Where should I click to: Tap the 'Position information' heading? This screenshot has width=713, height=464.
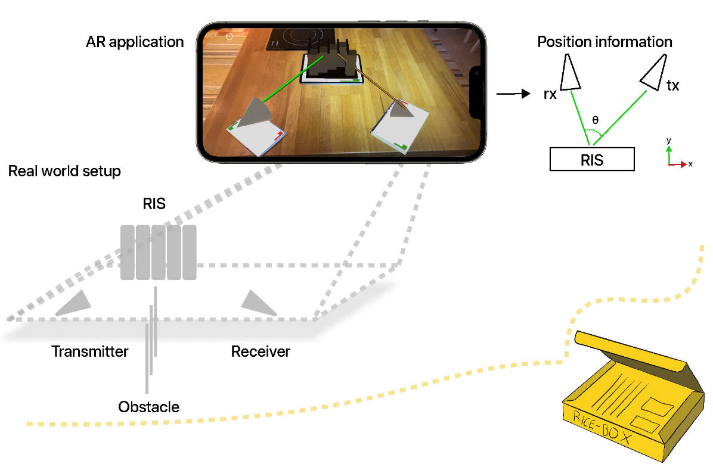click(x=604, y=42)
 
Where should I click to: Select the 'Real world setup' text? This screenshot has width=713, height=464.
click(x=64, y=172)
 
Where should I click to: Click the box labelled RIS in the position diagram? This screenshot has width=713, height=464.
click(x=592, y=160)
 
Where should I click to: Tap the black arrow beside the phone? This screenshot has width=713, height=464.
click(x=513, y=94)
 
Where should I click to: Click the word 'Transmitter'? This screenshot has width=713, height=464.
click(x=89, y=351)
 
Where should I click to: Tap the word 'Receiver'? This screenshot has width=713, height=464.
click(x=261, y=351)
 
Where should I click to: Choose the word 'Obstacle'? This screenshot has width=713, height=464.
click(x=149, y=407)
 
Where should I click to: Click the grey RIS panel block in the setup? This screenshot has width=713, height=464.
click(x=158, y=252)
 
